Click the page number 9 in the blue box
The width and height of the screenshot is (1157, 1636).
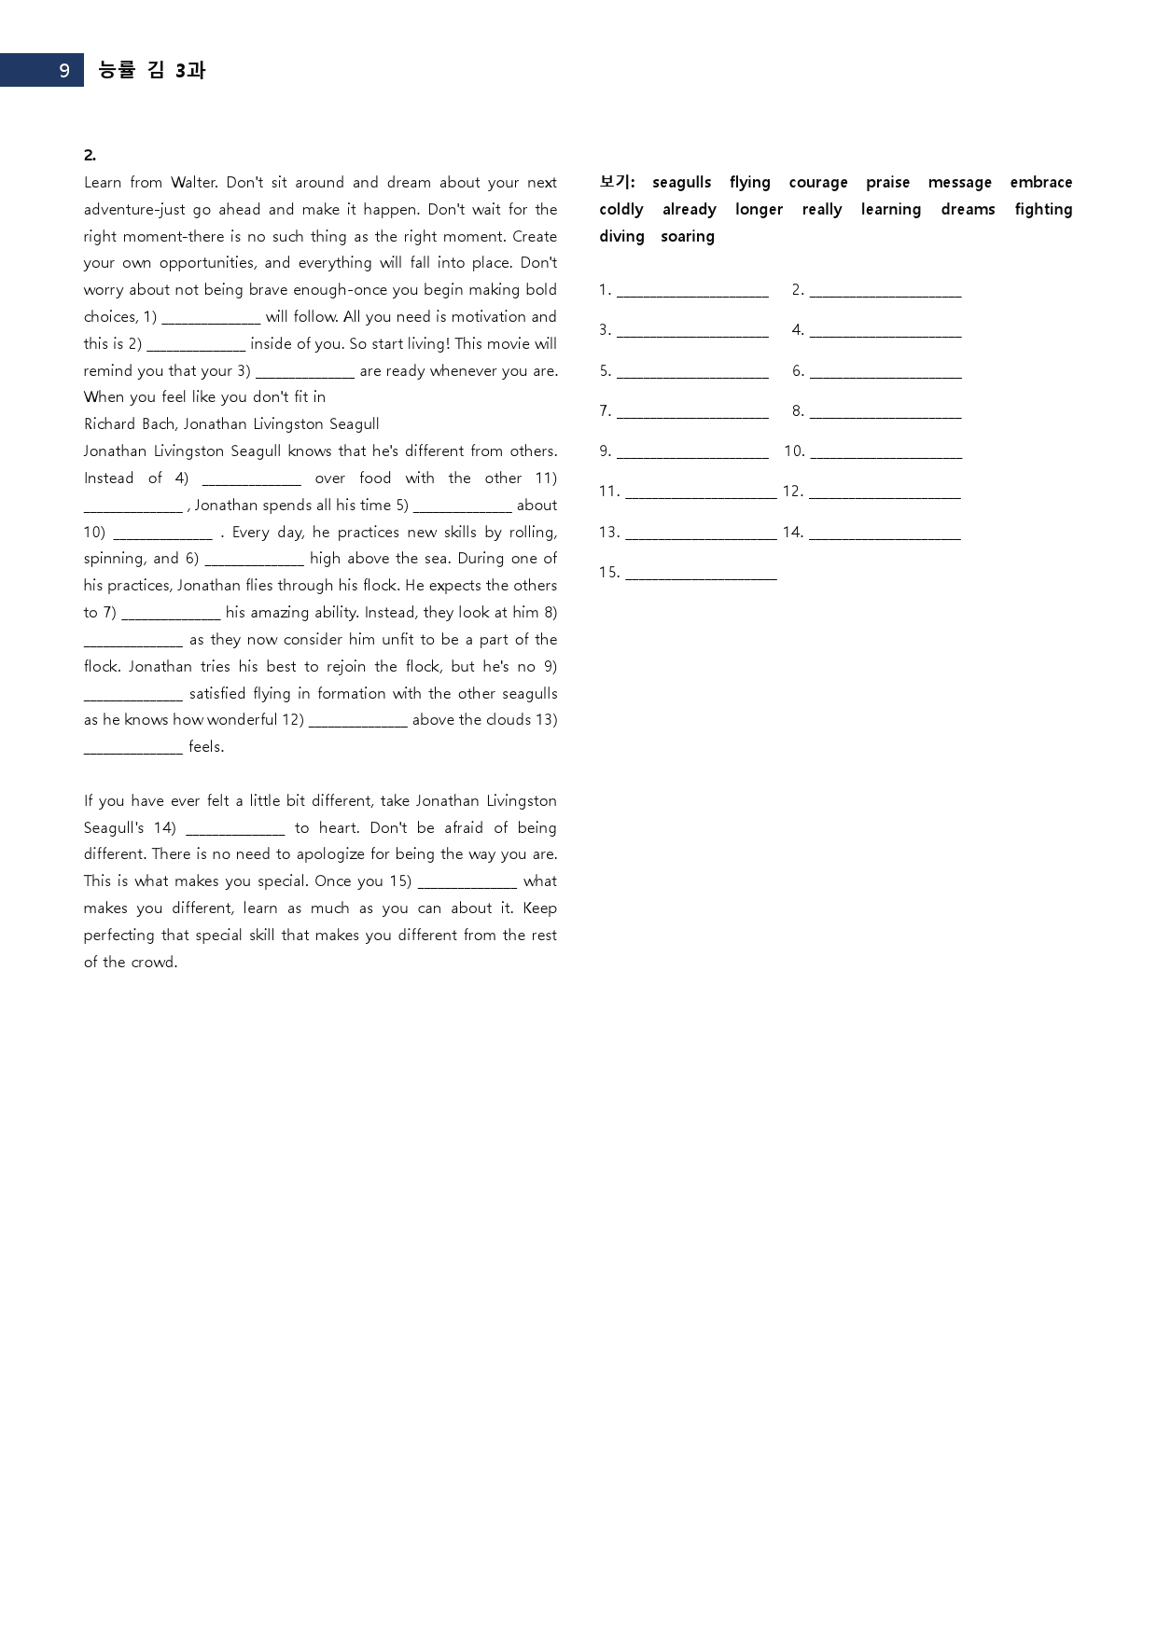pos(63,71)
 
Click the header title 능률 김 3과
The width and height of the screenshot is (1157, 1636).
pos(151,70)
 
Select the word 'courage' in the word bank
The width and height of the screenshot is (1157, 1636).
pos(817,183)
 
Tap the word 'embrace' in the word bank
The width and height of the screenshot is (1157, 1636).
pos(1040,183)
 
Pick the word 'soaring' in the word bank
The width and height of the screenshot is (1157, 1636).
pos(687,237)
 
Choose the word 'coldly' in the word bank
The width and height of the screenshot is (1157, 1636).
pos(621,210)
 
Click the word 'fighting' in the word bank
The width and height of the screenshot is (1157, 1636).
pos(1043,210)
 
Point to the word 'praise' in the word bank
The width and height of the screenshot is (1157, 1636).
pos(887,183)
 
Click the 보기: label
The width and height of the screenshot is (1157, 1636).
pos(617,182)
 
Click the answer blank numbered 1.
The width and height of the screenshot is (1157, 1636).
pos(692,292)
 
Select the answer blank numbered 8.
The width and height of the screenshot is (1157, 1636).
pos(885,412)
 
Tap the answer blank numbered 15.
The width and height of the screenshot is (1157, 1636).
pos(701,574)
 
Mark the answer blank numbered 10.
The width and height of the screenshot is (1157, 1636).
pos(885,452)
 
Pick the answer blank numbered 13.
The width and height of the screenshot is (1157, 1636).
pos(701,534)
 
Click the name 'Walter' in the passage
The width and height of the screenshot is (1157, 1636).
pos(193,183)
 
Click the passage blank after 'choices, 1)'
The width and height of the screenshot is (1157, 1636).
pos(211,318)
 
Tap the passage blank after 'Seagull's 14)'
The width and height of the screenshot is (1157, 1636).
pos(235,829)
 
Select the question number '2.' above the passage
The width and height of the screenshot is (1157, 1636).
pos(90,156)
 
